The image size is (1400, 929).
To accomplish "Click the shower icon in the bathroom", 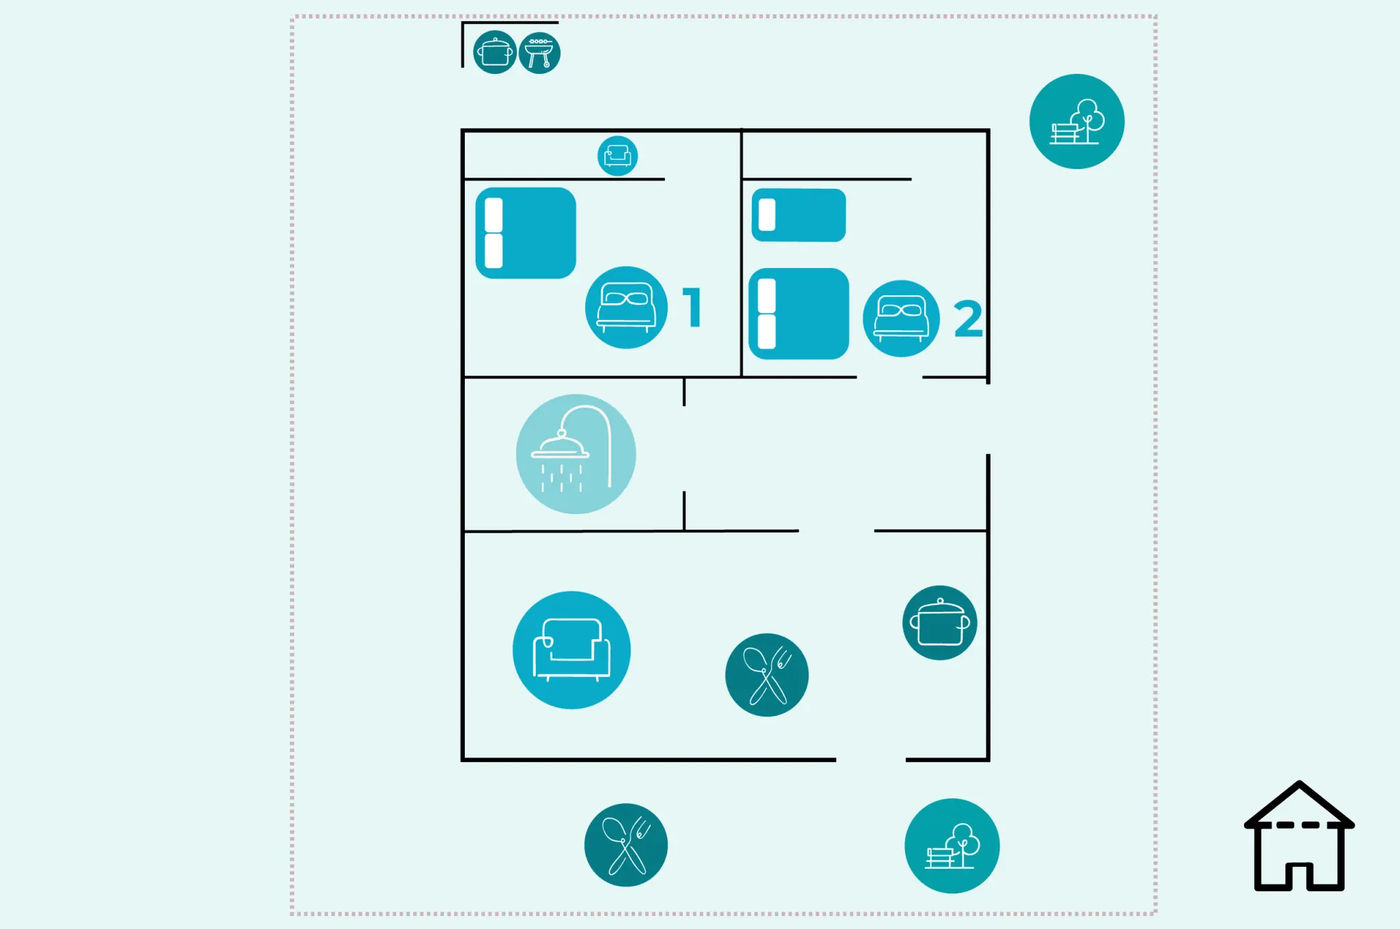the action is click(576, 454).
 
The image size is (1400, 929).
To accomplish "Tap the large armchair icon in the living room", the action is click(571, 650).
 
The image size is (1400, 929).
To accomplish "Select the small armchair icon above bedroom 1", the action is click(617, 156).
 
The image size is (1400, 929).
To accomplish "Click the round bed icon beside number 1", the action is click(626, 308).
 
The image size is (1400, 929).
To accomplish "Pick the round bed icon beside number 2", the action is click(901, 319).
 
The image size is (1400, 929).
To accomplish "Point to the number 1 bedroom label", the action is click(692, 307).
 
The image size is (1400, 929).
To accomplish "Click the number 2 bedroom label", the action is click(968, 319).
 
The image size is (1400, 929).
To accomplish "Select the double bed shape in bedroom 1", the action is click(526, 233).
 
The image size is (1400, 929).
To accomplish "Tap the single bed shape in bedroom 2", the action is click(798, 215).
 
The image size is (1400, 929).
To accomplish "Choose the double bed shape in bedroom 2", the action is click(798, 314).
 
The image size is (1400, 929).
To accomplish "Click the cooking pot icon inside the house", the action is click(940, 623).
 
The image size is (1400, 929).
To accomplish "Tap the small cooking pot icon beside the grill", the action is click(495, 52).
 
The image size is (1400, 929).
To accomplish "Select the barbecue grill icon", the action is click(539, 53).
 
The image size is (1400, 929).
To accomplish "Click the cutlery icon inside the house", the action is click(767, 675).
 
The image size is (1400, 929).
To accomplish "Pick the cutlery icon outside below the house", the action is click(626, 845).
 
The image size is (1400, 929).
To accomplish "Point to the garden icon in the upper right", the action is click(1077, 122).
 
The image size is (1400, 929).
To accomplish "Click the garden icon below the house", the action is click(952, 846).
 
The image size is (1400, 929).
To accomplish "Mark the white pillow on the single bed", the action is click(767, 215).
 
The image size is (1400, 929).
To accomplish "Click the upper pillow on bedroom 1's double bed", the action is click(494, 215).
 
